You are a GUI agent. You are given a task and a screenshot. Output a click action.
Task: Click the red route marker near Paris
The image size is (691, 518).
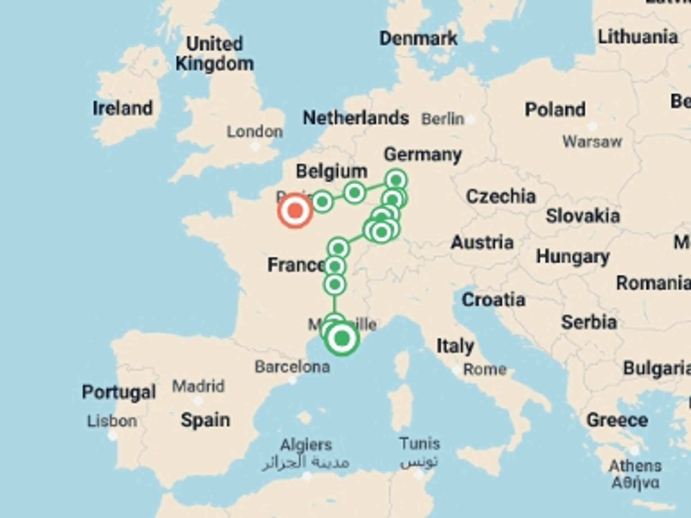coord(295,211)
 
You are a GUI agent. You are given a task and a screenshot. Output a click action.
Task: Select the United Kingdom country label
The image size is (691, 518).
coord(214,54)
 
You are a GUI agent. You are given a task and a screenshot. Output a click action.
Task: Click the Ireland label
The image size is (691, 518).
coord(123,108)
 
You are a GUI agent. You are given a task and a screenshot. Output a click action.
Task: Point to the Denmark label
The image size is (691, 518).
coord(418,38)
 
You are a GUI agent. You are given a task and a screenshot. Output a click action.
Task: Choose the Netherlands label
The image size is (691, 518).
coord(356,118)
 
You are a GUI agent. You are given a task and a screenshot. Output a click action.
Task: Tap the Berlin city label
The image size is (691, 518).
coord(443,119)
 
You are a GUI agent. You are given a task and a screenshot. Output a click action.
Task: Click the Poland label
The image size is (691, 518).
coord(555,109)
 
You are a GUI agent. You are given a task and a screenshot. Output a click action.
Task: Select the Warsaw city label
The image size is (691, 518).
coord(592,142)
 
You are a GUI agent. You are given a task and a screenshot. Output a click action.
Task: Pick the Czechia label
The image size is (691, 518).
coord(501,196)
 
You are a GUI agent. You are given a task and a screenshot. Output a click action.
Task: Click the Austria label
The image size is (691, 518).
coord(482,242)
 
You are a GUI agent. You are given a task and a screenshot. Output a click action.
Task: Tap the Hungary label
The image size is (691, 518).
coord(573,257)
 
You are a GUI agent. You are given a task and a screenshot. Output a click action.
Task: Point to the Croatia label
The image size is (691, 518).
coord(493,300)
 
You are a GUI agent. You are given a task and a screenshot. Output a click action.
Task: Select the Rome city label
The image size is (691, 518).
coord(484,369)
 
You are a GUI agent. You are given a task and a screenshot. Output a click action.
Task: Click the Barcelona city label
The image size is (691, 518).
coord(292,367)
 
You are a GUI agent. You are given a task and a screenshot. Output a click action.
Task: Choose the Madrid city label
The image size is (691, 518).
coord(198,386)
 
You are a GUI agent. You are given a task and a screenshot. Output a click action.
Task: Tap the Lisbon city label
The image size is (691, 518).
coord(112,421)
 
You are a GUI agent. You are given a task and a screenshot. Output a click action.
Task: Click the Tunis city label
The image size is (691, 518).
coord(420,444)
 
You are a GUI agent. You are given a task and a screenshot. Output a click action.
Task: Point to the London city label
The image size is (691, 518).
coord(254,132)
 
